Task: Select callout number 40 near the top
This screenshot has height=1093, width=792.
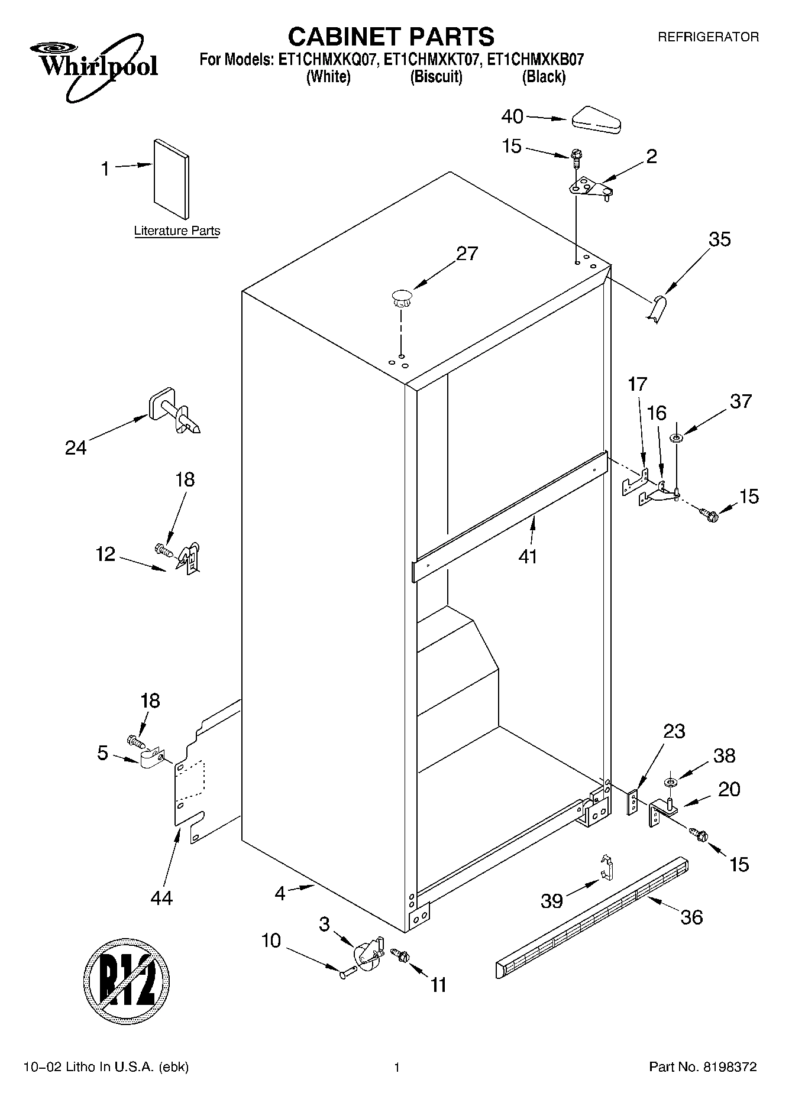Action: coord(512,116)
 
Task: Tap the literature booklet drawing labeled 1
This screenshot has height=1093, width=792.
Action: coord(172,179)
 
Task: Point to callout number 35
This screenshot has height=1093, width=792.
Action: coord(719,239)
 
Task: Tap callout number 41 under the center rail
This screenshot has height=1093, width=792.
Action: coord(528,556)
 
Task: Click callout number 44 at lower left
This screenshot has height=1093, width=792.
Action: coord(161,897)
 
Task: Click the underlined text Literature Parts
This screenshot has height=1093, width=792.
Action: coord(177,231)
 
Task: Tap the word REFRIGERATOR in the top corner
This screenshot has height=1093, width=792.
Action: coord(708,37)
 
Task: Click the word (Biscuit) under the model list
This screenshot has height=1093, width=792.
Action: coord(436,77)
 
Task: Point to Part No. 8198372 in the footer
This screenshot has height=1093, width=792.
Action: coord(703,1067)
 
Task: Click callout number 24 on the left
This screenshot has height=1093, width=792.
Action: coord(76,447)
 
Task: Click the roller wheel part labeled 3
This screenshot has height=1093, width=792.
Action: coord(367,956)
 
